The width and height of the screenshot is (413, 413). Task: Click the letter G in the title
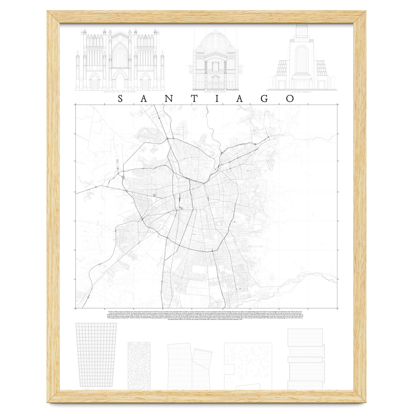coord(265,99)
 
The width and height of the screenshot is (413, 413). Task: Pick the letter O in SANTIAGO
coord(290,99)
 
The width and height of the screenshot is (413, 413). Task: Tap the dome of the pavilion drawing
coord(215,40)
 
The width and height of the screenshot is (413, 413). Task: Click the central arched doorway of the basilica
coord(119,81)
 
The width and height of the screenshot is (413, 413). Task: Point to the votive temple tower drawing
coord(301,59)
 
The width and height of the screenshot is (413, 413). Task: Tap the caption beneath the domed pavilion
coord(215,93)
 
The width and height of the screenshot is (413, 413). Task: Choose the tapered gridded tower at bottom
coord(96,354)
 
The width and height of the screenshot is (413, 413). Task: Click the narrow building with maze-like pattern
coord(139,366)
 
